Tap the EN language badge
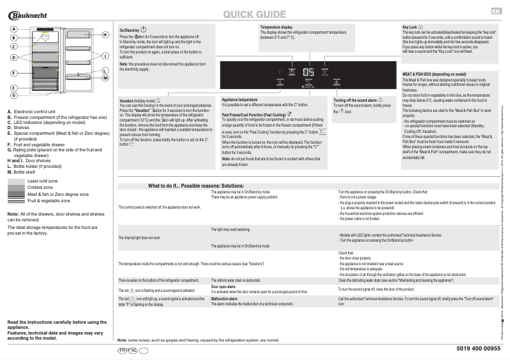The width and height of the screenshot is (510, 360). pos(496,11)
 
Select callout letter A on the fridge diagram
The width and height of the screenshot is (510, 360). pos(13,29)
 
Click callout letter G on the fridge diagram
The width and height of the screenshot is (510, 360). pos(13,95)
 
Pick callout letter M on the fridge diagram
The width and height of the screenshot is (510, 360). pos(106,78)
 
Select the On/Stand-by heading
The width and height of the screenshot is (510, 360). pos(130,30)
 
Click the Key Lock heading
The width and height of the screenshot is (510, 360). pos(409,27)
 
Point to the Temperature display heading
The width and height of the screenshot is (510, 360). pos(276,27)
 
